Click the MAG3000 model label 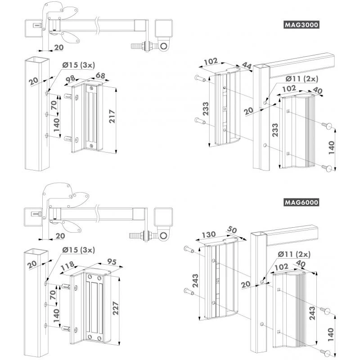(301, 25)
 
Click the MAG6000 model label (301, 202)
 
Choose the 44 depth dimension (246, 66)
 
